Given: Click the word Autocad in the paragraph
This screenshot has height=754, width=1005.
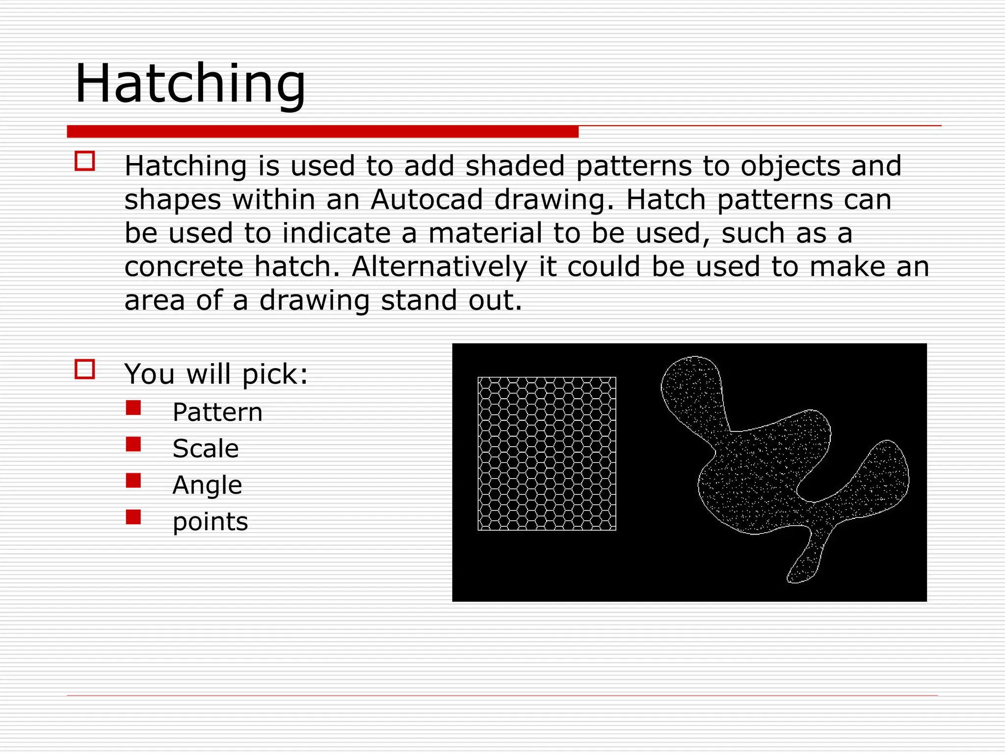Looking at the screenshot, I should point(426,200).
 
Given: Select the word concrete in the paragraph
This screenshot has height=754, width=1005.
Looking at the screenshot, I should point(184,267).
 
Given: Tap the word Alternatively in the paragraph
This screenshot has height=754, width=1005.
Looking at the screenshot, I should point(440,267).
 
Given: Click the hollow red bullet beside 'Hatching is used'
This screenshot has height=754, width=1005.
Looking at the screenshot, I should point(84,161).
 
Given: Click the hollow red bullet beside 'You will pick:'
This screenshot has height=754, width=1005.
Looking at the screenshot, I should point(84,369).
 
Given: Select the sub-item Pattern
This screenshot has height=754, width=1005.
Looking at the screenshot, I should point(217,412).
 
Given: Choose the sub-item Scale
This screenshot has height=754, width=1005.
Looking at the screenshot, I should point(206,449).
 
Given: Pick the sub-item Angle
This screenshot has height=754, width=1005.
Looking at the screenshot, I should point(207,485).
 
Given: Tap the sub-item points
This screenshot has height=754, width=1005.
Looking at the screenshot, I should point(210,521).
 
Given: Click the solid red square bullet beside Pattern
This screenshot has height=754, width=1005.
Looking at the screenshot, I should point(133,408).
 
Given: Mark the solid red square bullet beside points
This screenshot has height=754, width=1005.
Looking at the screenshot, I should point(133,517).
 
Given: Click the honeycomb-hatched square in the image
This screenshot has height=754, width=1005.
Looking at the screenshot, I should point(547,454).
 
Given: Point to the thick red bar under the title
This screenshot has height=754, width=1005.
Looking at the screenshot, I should point(322,132).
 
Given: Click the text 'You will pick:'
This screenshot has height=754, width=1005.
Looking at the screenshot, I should point(216,374).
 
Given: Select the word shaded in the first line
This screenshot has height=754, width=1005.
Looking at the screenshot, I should point(515,166).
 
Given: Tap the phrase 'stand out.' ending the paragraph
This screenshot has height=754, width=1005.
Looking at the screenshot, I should point(451,300).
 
